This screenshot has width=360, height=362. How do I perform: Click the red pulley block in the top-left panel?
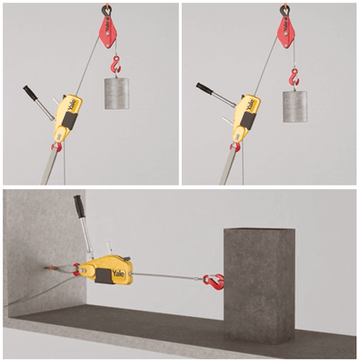[107, 32]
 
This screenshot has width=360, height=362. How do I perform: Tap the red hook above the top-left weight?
[116, 64]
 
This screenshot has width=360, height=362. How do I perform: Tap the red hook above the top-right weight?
[295, 77]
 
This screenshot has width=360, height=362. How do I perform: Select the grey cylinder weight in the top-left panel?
[117, 94]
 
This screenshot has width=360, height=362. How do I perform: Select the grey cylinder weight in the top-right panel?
[295, 106]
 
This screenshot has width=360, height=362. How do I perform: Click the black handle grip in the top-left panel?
[31, 93]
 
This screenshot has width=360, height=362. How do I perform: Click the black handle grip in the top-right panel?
[204, 88]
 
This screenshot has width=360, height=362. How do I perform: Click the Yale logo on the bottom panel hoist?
[119, 274]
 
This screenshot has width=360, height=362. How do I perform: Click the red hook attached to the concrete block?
[213, 283]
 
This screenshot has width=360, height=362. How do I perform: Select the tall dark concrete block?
[260, 285]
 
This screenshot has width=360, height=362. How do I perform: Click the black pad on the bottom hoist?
[103, 276]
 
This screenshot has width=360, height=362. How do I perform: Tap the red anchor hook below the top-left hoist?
[57, 147]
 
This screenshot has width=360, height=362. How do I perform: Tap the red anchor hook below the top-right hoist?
[235, 147]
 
